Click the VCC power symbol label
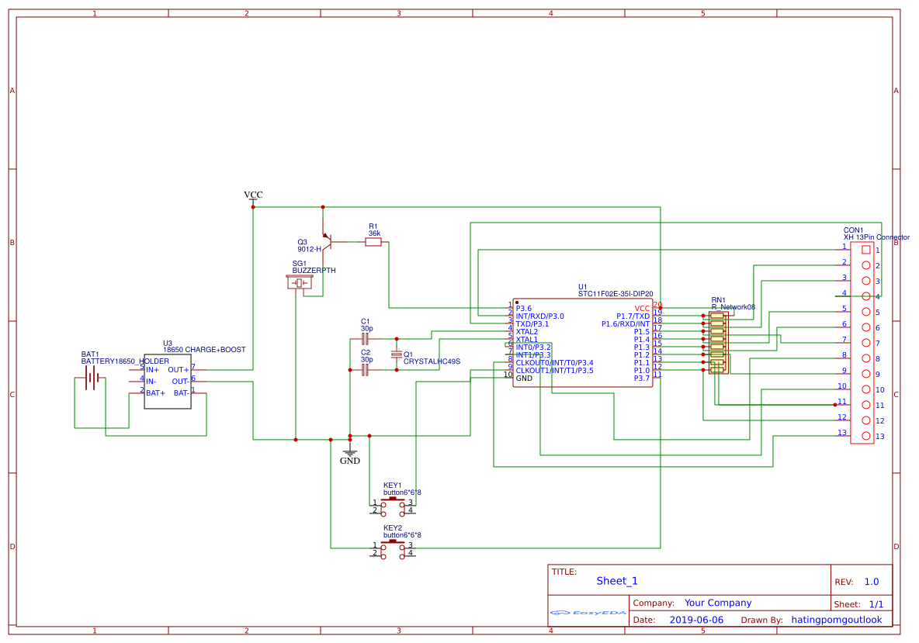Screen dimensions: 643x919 coord(253,195)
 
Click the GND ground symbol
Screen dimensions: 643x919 coord(350,454)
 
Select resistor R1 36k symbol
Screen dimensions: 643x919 coord(373,242)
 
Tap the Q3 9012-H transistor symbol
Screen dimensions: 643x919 coord(328,242)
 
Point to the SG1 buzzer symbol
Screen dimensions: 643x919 coord(300,282)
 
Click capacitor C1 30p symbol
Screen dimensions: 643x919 coord(366,339)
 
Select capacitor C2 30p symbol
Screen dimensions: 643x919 coord(366,370)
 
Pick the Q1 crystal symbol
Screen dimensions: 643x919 coord(397,354)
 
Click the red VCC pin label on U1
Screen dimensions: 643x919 coord(642,308)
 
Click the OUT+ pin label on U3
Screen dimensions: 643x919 coord(178,370)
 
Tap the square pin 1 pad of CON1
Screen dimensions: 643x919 coord(865,250)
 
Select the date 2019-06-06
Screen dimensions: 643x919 coord(695,620)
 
